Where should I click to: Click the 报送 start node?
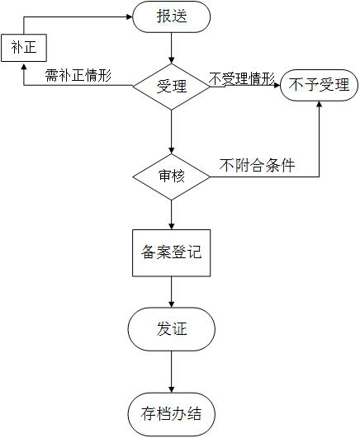tap(171, 16)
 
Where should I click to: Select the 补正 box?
tap(24, 48)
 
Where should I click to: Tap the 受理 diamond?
tap(171, 87)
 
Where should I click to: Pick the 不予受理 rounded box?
tap(320, 85)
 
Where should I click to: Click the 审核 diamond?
tap(171, 177)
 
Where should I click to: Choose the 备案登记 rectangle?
tap(171, 253)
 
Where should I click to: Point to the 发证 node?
tap(172, 329)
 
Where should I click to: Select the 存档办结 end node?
tap(172, 414)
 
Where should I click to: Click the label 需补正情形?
tap(78, 75)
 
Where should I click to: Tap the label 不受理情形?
tap(242, 78)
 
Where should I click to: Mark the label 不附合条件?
tap(258, 165)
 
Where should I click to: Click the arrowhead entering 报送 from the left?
tap(130, 16)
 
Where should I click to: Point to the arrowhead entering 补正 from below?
tap(24, 65)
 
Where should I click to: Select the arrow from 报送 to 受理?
tap(171, 48)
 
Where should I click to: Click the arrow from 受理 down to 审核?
tap(171, 132)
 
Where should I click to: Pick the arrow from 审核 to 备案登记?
tap(171, 214)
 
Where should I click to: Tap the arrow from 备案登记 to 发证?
tap(171, 292)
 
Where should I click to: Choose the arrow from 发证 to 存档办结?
tap(171, 372)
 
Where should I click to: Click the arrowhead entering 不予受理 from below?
tap(320, 104)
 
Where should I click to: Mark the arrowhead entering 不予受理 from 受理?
tap(277, 85)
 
